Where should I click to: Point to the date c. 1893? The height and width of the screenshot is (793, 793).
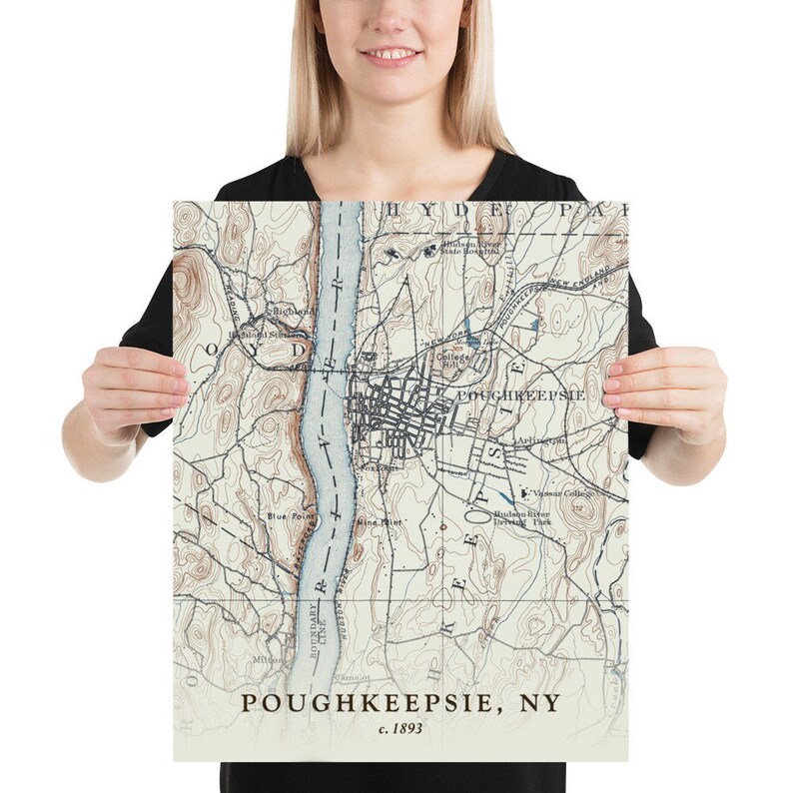pyautogui.click(x=400, y=729)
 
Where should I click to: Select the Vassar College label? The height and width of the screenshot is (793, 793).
pyautogui.click(x=564, y=493)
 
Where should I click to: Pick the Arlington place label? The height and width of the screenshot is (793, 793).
pyautogui.click(x=541, y=439)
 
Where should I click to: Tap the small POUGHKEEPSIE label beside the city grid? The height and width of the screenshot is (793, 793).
pyautogui.click(x=519, y=396)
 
